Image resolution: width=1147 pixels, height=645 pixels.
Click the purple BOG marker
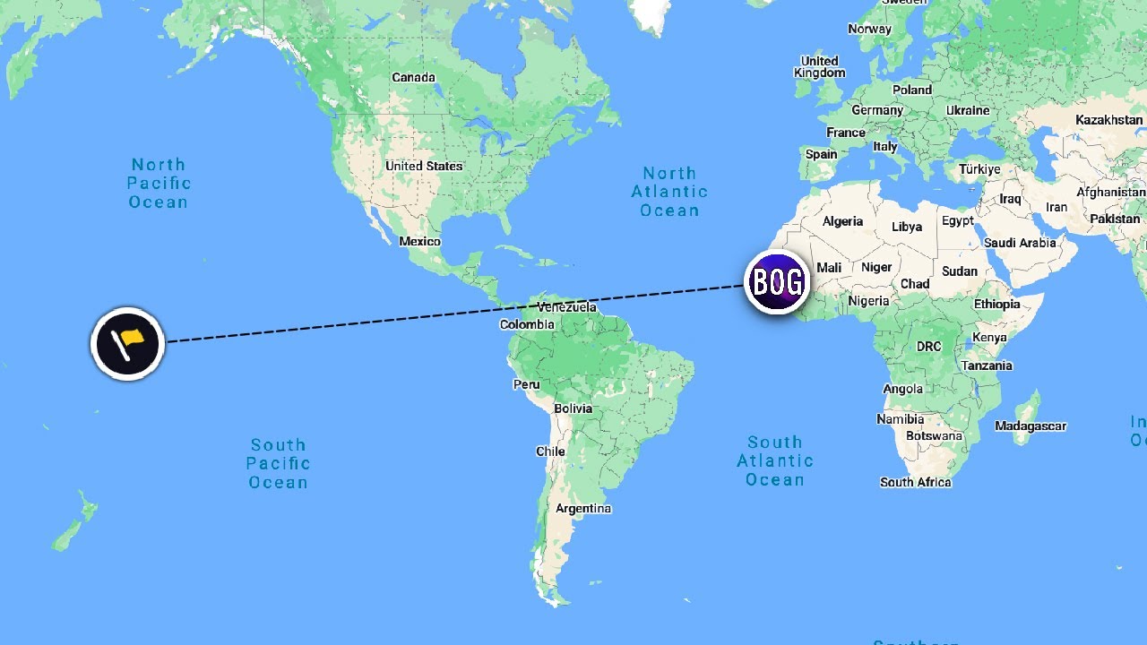(777, 282)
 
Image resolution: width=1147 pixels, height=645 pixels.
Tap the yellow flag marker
(128, 343)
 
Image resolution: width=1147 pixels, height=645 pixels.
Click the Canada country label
(413, 77)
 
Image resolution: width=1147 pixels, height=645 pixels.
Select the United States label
(424, 166)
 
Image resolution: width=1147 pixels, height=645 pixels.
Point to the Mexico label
(419, 241)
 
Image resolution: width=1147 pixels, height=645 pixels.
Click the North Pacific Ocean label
(158, 183)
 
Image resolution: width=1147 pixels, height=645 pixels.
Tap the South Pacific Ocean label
(278, 463)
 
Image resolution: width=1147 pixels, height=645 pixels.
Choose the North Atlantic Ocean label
(669, 192)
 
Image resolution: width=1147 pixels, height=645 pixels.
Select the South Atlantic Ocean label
(775, 460)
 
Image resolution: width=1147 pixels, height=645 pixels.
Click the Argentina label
(583, 508)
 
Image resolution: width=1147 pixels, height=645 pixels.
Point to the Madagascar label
(1031, 426)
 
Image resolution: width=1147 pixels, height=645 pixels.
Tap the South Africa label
(915, 482)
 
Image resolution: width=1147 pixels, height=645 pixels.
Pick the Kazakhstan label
(1109, 119)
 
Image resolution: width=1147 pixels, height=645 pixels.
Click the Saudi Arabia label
(1020, 243)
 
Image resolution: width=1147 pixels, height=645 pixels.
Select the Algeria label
(842, 221)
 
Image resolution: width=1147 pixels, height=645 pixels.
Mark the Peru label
(527, 384)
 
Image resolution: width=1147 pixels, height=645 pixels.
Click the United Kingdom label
(819, 66)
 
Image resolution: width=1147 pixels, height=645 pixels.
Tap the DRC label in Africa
(928, 346)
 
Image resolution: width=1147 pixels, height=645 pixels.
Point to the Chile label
(550, 451)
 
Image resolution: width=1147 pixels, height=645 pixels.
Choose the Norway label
(869, 29)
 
